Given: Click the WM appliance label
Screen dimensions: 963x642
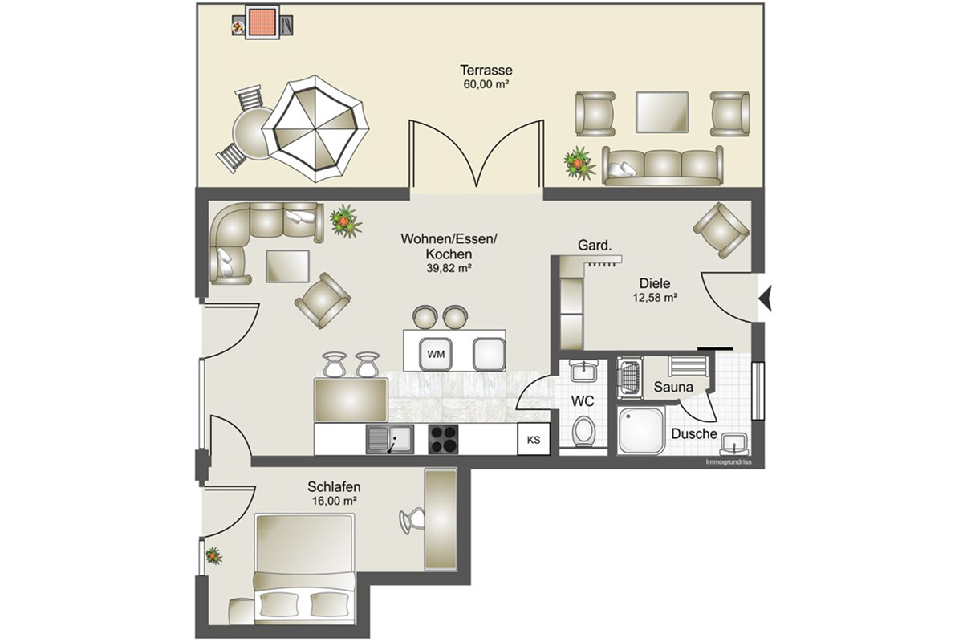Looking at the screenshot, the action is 436,355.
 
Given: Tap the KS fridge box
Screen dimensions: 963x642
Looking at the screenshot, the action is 534,439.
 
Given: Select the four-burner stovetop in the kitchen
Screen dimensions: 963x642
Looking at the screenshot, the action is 443,440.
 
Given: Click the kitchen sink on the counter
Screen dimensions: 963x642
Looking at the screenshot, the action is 390,440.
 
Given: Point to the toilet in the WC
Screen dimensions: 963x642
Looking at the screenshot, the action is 584,430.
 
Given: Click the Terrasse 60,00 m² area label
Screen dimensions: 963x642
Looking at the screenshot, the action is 486,76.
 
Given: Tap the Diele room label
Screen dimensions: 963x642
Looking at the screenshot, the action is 655,283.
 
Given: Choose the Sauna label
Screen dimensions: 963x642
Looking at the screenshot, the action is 673,387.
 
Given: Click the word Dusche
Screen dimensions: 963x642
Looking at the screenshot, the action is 694,434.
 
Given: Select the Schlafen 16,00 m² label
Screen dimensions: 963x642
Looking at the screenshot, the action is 334,494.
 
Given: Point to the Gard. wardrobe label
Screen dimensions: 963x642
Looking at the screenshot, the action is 595,245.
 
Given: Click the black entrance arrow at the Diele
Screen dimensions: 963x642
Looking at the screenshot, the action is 766,298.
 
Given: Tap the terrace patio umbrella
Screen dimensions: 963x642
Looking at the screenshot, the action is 315,129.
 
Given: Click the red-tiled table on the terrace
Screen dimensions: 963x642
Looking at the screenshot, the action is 262,22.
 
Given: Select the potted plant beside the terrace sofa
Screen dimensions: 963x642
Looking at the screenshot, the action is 579,164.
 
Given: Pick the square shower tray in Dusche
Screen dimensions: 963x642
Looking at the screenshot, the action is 641,430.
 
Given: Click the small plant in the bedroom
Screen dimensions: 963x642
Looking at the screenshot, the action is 213,556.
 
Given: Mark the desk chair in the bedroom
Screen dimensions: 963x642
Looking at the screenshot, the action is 412,521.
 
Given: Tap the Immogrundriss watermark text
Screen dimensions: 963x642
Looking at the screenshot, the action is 729,462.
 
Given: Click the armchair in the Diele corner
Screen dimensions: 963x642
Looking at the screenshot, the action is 721,230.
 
